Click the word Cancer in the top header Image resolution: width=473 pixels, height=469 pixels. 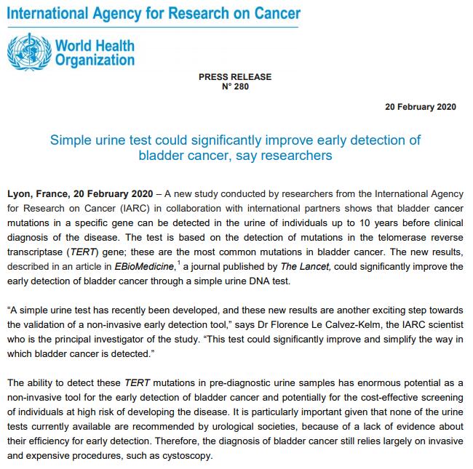(x=275, y=14)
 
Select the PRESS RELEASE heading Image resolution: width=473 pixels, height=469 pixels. (x=234, y=77)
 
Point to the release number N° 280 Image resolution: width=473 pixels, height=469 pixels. (x=234, y=87)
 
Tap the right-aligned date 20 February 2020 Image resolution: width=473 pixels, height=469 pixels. (x=420, y=107)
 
